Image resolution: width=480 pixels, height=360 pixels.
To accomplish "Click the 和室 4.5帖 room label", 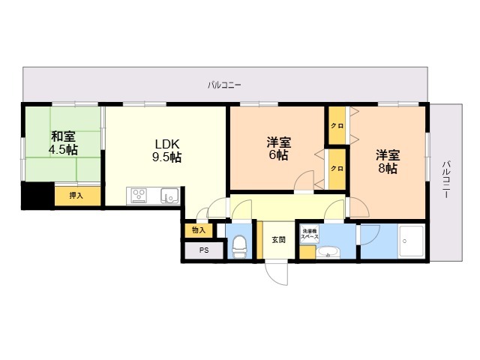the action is tap(64, 143).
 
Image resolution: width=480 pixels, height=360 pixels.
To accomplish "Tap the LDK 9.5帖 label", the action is tap(166, 150).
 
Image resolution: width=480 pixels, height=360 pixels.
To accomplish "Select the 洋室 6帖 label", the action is tap(278, 148).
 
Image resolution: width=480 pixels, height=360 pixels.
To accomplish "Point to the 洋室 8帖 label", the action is tap(388, 162).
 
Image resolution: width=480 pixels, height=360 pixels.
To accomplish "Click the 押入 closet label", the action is tap(76, 195).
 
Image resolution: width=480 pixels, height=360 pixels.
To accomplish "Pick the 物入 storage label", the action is tap(199, 230).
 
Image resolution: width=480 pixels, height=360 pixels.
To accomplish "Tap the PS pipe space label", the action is tap(204, 250).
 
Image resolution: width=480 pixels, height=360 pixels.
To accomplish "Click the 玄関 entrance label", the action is tap(278, 240).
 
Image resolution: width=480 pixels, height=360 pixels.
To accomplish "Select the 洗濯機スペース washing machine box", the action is tap(310, 234).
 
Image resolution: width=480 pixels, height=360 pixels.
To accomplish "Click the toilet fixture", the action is tap(239, 246).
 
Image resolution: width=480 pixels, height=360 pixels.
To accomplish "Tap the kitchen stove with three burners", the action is tap(139, 196).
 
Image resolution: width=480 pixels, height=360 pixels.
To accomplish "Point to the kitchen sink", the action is tap(169, 196).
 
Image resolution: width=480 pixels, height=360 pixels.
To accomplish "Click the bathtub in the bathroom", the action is tap(412, 241).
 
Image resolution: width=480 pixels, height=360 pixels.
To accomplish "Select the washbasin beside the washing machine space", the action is tap(328, 253).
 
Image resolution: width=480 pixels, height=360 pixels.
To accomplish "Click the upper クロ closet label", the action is tap(337, 126).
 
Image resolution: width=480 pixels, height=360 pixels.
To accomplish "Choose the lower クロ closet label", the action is tap(337, 168).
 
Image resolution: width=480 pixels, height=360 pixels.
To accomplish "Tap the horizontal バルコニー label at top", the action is tap(224, 85).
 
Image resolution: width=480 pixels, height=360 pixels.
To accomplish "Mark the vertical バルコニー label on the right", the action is tap(447, 179).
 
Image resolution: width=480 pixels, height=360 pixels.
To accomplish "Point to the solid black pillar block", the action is tap(37, 196).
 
